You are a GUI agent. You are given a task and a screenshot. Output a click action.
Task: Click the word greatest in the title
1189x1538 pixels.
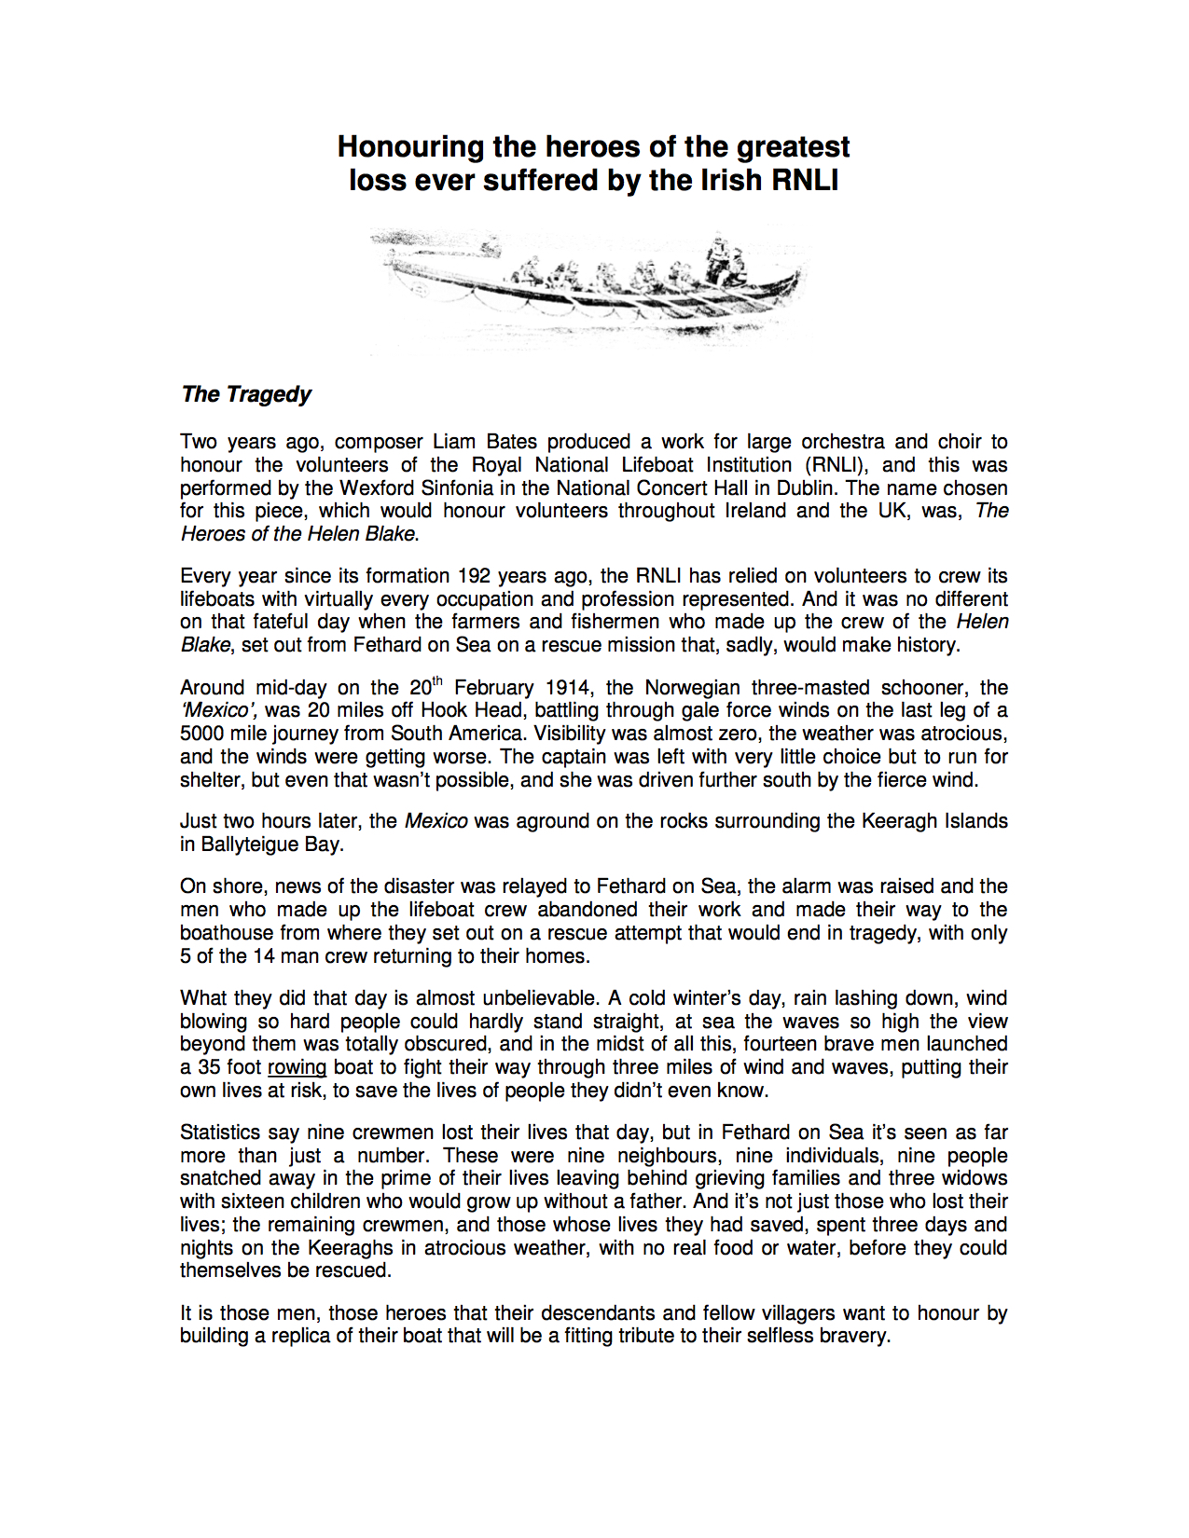coord(793,146)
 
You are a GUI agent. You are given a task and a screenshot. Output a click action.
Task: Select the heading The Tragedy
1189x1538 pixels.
coord(246,394)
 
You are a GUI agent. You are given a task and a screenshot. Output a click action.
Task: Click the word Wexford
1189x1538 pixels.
coord(377,487)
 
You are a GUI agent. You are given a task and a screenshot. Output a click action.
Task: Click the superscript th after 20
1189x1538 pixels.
coord(437,681)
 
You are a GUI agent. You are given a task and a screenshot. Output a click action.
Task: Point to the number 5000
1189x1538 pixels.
coord(202,734)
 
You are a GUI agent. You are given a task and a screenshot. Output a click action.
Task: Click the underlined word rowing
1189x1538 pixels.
coord(297,1067)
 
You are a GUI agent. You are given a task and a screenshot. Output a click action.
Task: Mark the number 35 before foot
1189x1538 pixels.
coord(208,1067)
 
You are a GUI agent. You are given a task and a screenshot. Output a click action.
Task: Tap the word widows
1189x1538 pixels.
coord(975,1178)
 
